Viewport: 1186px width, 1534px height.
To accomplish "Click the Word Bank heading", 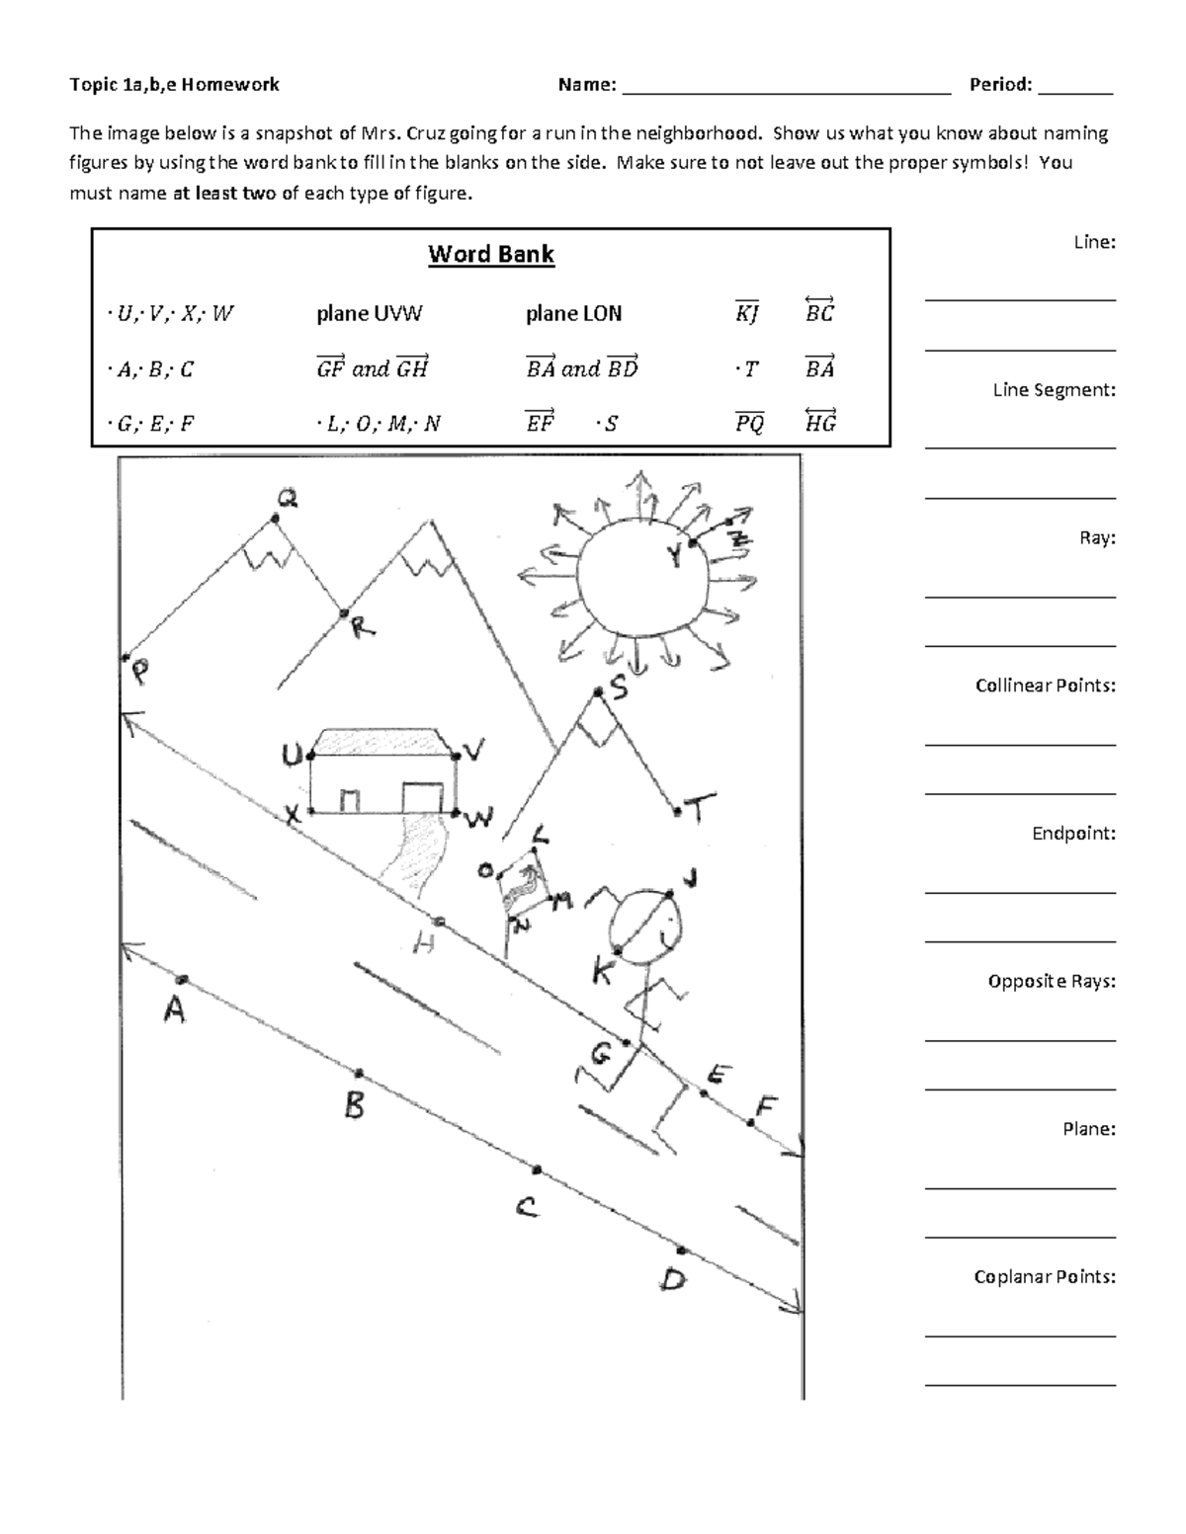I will (x=491, y=255).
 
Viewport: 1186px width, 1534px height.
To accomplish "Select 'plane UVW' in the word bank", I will (x=369, y=314).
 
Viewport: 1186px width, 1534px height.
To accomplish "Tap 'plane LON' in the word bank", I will (x=573, y=314).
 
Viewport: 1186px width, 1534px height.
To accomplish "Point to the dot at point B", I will (x=359, y=1073).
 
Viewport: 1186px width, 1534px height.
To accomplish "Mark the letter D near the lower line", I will (x=673, y=1281).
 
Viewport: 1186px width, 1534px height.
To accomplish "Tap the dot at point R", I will (x=343, y=613).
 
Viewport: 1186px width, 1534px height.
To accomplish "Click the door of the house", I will (x=422, y=796).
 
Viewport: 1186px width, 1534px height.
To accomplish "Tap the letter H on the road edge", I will (x=424, y=945).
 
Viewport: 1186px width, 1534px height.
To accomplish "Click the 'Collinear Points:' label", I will (x=1045, y=686).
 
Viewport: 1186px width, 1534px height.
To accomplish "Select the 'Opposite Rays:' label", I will (x=1051, y=981).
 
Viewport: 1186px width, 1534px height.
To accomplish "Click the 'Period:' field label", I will (x=1000, y=85).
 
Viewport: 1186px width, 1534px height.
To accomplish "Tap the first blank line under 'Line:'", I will (x=1020, y=298).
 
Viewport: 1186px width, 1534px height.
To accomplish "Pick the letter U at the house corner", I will (x=292, y=757).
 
